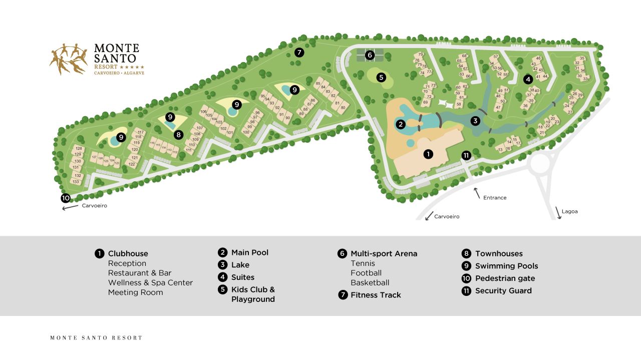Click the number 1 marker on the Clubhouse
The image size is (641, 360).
pos(428,154)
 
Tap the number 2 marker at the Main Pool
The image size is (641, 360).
pos(400,124)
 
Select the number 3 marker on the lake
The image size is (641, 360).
pos(475,121)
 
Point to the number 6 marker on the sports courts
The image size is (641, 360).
pos(370,55)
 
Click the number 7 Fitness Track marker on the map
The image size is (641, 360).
pos(299,52)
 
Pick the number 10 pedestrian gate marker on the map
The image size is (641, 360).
pos(66,198)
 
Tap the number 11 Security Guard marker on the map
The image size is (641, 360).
pos(466,155)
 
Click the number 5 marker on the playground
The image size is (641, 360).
pos(381,78)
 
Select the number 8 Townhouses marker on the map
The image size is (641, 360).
pos(178,135)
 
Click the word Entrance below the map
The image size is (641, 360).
pos(495,198)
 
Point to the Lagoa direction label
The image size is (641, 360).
pos(569,211)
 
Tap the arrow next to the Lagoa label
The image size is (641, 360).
pos(558,212)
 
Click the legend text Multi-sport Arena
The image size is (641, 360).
pos(384,253)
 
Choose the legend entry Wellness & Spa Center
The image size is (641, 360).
pos(150,282)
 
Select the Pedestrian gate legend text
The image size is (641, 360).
pos(505,278)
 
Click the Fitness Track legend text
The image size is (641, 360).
pos(376,295)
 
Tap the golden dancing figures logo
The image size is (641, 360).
pos(68,59)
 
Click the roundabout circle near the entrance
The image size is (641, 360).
pos(543,165)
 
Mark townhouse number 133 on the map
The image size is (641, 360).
pos(76,181)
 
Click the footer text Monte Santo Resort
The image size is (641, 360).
pos(96,338)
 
